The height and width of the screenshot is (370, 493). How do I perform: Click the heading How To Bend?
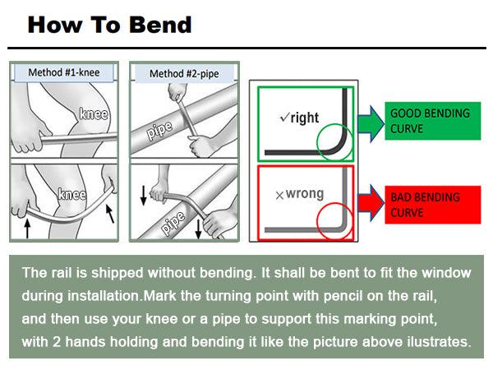[109, 24]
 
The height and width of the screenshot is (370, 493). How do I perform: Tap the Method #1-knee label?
[63, 72]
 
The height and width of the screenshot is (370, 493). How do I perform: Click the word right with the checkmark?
[304, 118]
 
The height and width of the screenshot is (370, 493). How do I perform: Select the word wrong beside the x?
[305, 195]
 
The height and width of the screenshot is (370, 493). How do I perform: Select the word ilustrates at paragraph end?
[436, 341]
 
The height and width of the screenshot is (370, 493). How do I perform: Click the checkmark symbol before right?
[284, 118]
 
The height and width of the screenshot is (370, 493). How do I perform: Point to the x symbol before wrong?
[279, 196]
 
